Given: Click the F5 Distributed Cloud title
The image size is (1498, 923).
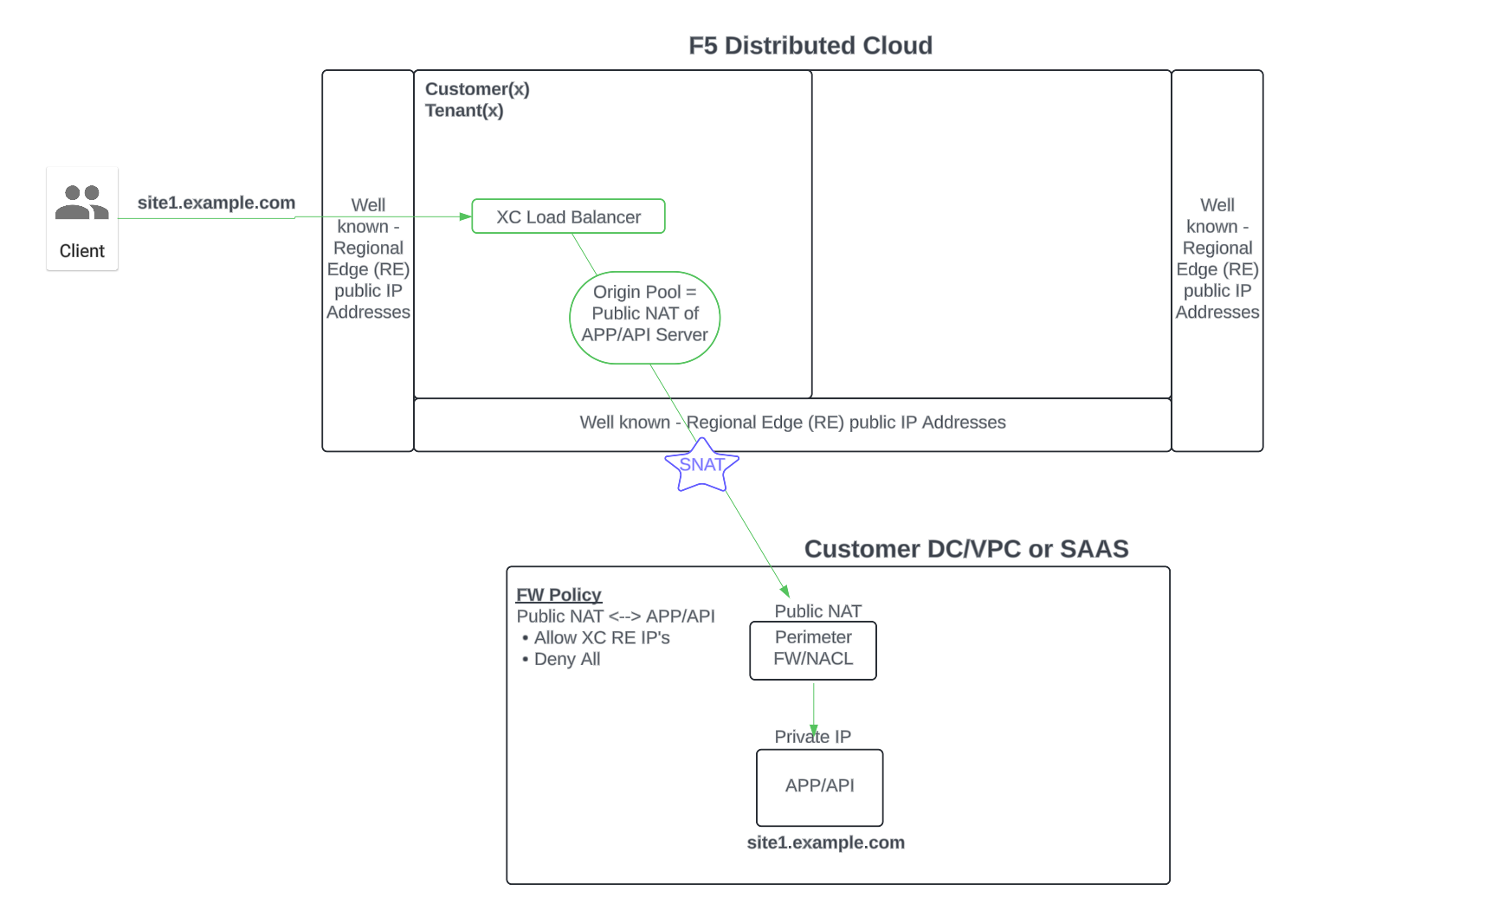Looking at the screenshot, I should [810, 45].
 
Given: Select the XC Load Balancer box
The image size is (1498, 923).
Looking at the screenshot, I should [568, 216].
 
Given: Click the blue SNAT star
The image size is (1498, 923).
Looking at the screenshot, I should [701, 465].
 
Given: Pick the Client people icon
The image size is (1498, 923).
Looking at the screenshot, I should [81, 203].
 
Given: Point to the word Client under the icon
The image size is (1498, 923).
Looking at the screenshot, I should [81, 251].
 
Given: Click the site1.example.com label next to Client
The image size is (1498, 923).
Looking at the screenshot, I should [216, 203].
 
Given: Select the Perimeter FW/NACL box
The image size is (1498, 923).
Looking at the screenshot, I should [812, 649].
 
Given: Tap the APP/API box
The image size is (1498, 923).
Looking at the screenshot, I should [819, 786].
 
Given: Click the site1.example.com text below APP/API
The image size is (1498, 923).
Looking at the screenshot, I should [825, 842].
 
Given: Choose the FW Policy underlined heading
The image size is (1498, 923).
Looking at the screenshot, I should [559, 595].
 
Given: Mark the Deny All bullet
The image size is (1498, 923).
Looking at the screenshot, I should [566, 659].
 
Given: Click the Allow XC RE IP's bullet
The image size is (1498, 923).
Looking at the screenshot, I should [601, 638].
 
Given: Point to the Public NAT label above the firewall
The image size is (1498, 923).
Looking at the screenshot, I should [817, 611].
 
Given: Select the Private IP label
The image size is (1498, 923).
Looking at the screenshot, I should [812, 737].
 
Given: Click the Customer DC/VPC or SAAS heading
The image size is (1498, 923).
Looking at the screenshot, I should [965, 549].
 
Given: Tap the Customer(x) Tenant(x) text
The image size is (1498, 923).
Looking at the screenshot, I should [476, 100].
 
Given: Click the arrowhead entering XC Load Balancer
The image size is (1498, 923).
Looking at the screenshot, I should [466, 216].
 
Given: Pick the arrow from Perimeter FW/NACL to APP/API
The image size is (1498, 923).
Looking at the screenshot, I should [813, 707].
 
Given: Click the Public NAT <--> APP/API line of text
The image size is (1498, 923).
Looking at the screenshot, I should [615, 616].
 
